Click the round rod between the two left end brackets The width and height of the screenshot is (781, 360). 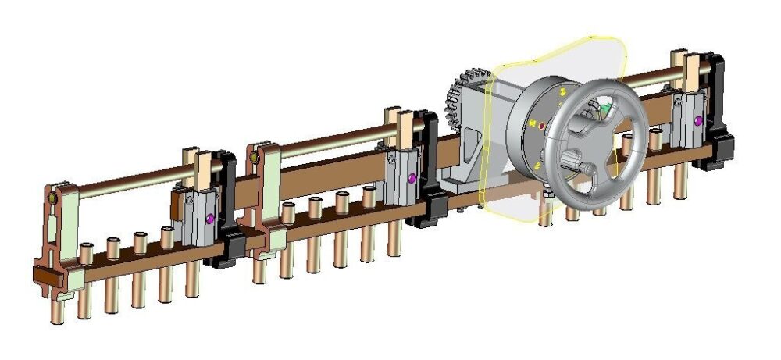(x=125, y=181)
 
